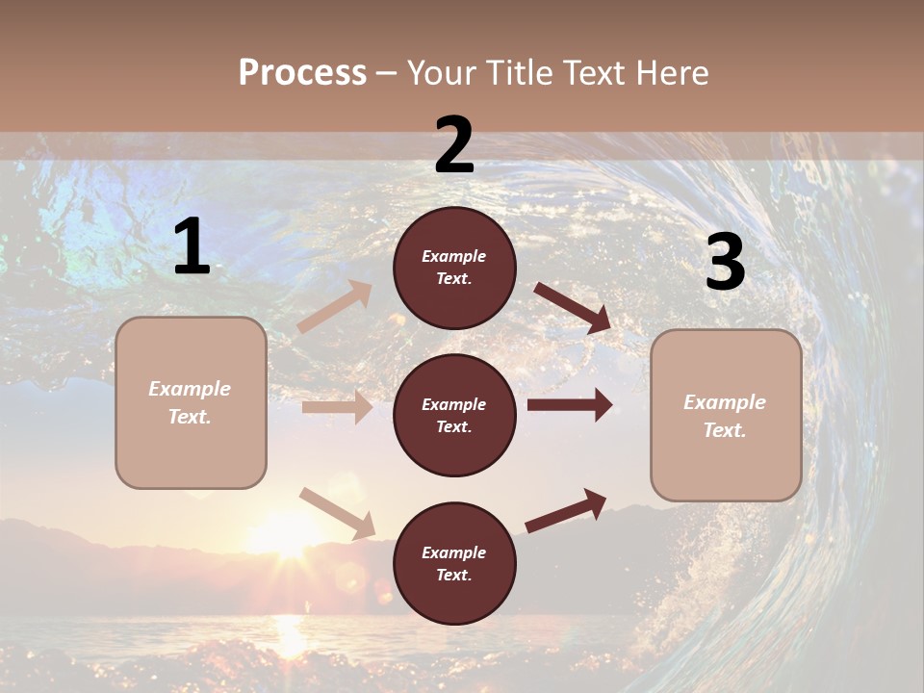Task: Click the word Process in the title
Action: tap(302, 72)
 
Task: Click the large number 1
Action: tap(192, 247)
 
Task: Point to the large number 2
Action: tap(454, 145)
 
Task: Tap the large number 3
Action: tap(725, 262)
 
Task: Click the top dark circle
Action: tap(454, 268)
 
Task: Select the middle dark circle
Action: tap(454, 415)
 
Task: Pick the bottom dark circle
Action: tap(454, 563)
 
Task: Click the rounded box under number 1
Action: tap(191, 402)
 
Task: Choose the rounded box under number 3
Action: tap(725, 416)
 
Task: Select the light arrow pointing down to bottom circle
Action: tap(337, 513)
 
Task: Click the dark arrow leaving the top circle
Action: tap(573, 306)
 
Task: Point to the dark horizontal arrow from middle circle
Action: tap(570, 405)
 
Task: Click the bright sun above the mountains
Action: tap(284, 534)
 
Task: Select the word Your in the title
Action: tap(440, 72)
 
